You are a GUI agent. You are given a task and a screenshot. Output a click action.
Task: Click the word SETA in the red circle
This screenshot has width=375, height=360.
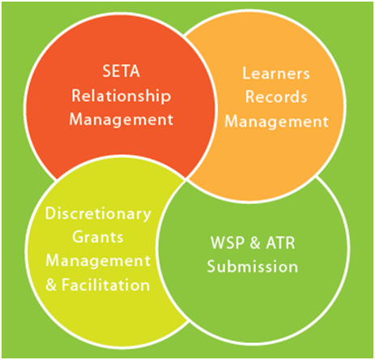click(x=121, y=71)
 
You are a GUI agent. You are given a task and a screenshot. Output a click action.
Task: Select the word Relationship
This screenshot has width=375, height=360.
click(x=121, y=96)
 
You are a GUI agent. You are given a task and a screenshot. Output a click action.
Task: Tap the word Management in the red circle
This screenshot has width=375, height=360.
click(x=121, y=119)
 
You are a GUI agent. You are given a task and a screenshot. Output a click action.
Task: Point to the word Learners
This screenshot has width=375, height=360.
click(x=276, y=73)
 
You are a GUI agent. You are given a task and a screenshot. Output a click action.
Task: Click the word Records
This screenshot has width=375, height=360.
click(x=276, y=96)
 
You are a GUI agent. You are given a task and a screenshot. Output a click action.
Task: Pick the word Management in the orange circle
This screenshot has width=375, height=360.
click(x=276, y=122)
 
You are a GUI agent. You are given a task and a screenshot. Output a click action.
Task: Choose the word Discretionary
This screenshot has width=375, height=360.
click(x=98, y=214)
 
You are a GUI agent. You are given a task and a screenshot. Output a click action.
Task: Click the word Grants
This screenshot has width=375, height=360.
click(x=98, y=238)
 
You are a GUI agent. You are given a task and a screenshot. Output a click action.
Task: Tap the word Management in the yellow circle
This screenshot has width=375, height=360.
click(x=98, y=261)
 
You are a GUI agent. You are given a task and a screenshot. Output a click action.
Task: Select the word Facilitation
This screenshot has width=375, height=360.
click(x=106, y=285)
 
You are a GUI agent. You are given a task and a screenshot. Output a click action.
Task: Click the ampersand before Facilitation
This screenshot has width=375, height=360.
click(x=51, y=285)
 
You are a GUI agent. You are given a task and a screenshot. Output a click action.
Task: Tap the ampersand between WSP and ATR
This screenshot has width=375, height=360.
click(x=255, y=242)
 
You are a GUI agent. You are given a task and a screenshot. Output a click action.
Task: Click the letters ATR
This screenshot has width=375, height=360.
click(x=280, y=242)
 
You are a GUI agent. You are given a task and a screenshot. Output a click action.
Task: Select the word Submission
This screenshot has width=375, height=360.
click(x=253, y=267)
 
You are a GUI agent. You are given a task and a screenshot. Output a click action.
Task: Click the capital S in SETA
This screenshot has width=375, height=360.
click(x=107, y=71)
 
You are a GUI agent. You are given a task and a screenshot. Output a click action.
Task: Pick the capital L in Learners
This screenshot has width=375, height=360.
click(x=246, y=73)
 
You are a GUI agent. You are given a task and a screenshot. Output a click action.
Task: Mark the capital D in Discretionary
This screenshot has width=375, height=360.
click(x=51, y=213)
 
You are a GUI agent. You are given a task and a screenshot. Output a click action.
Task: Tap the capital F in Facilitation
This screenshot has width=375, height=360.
click(x=66, y=285)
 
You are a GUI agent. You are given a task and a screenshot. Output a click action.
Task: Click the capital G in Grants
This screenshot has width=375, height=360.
click(x=79, y=238)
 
